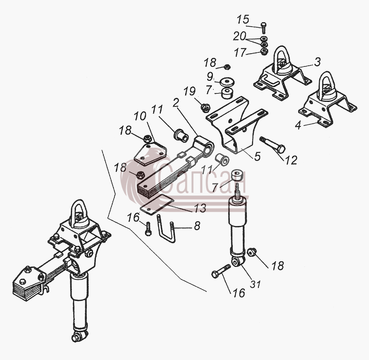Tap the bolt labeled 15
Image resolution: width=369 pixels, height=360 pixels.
263,28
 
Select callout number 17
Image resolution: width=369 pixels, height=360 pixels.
240,52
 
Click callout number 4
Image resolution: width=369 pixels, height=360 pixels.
298,125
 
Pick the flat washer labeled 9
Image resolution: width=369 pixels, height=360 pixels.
227,82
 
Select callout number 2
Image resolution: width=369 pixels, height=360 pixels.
176,103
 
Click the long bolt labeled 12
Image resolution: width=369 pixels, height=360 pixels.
273,145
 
